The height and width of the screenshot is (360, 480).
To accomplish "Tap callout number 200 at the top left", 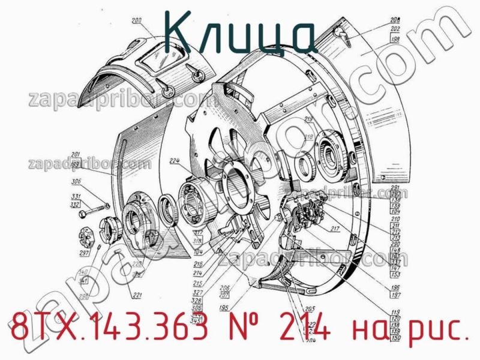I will coord(137,22).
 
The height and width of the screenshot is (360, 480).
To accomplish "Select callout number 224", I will coord(175,160).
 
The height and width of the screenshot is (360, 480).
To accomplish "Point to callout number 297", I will coord(84,253).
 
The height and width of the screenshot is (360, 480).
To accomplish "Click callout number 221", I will coord(137,295).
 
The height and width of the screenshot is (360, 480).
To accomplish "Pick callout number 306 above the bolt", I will coord(76,182).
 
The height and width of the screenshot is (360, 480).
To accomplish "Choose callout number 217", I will coord(335,228).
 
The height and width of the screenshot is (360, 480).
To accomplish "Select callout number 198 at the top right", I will coord(395,40).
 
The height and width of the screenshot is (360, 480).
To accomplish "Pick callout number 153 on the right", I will coord(395,274).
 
